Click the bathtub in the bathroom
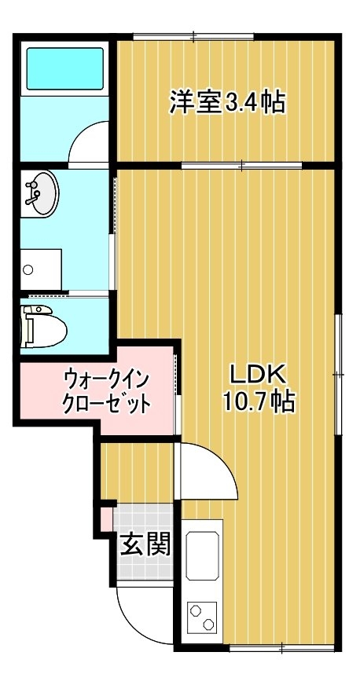pos(64,68)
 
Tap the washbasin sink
pos(42,192)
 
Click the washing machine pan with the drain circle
pos(41,269)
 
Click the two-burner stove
pos(202,616)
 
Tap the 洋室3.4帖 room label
pos(227,101)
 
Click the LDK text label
pos(258,375)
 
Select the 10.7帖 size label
pos(259,401)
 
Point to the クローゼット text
pos(107,403)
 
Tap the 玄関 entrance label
pos(145,544)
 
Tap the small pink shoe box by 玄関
pos(106,519)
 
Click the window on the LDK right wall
pos(338,375)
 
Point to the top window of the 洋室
pos(193,37)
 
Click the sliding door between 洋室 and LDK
pos(241,166)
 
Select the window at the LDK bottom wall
pos(282,647)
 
